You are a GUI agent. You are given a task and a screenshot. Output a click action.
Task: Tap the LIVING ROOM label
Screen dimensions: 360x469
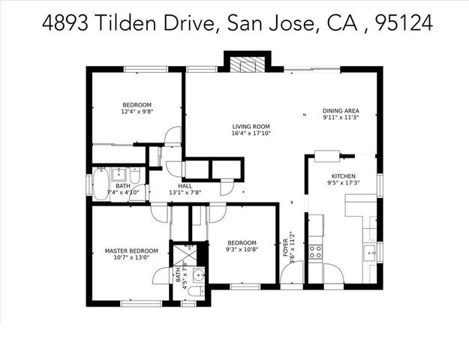(251, 127)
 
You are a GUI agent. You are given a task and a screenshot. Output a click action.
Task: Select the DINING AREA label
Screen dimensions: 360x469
(341, 110)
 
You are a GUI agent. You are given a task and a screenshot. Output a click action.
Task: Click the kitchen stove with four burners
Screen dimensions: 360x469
(316, 251)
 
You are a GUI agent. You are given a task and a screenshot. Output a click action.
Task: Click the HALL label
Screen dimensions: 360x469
(185, 185)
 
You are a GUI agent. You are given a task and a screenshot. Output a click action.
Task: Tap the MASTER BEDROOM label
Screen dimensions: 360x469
(131, 250)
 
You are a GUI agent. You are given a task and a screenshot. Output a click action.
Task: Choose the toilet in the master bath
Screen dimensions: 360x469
(194, 291)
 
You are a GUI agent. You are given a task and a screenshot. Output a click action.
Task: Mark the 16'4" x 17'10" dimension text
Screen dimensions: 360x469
(251, 134)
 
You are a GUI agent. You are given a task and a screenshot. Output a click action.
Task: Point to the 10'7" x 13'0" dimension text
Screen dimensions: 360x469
(131, 258)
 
